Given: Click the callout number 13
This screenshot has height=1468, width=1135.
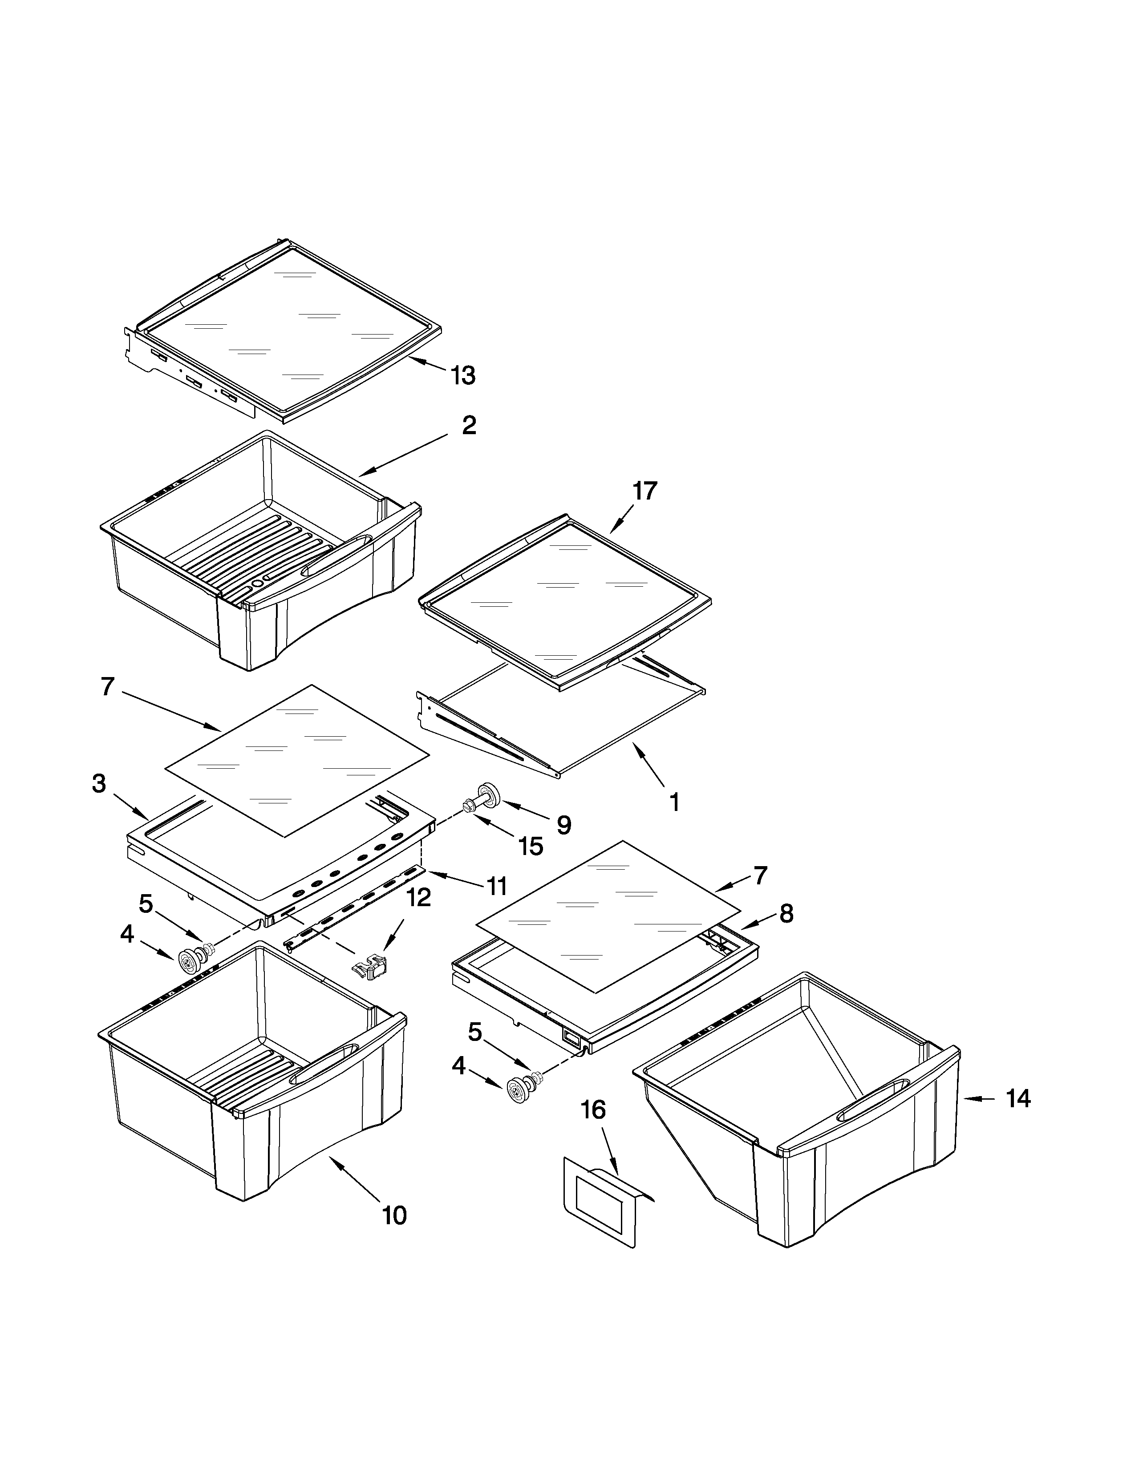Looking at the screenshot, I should coord(463,376).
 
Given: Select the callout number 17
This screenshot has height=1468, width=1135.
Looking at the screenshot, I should coord(644,492).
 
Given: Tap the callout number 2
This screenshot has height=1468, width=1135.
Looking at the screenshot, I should coord(469,425).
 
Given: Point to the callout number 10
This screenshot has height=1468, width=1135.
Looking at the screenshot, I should coord(395,1215).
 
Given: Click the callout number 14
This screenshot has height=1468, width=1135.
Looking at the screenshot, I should coord(1018,1099).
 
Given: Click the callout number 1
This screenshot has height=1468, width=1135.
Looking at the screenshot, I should coord(674,802).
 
